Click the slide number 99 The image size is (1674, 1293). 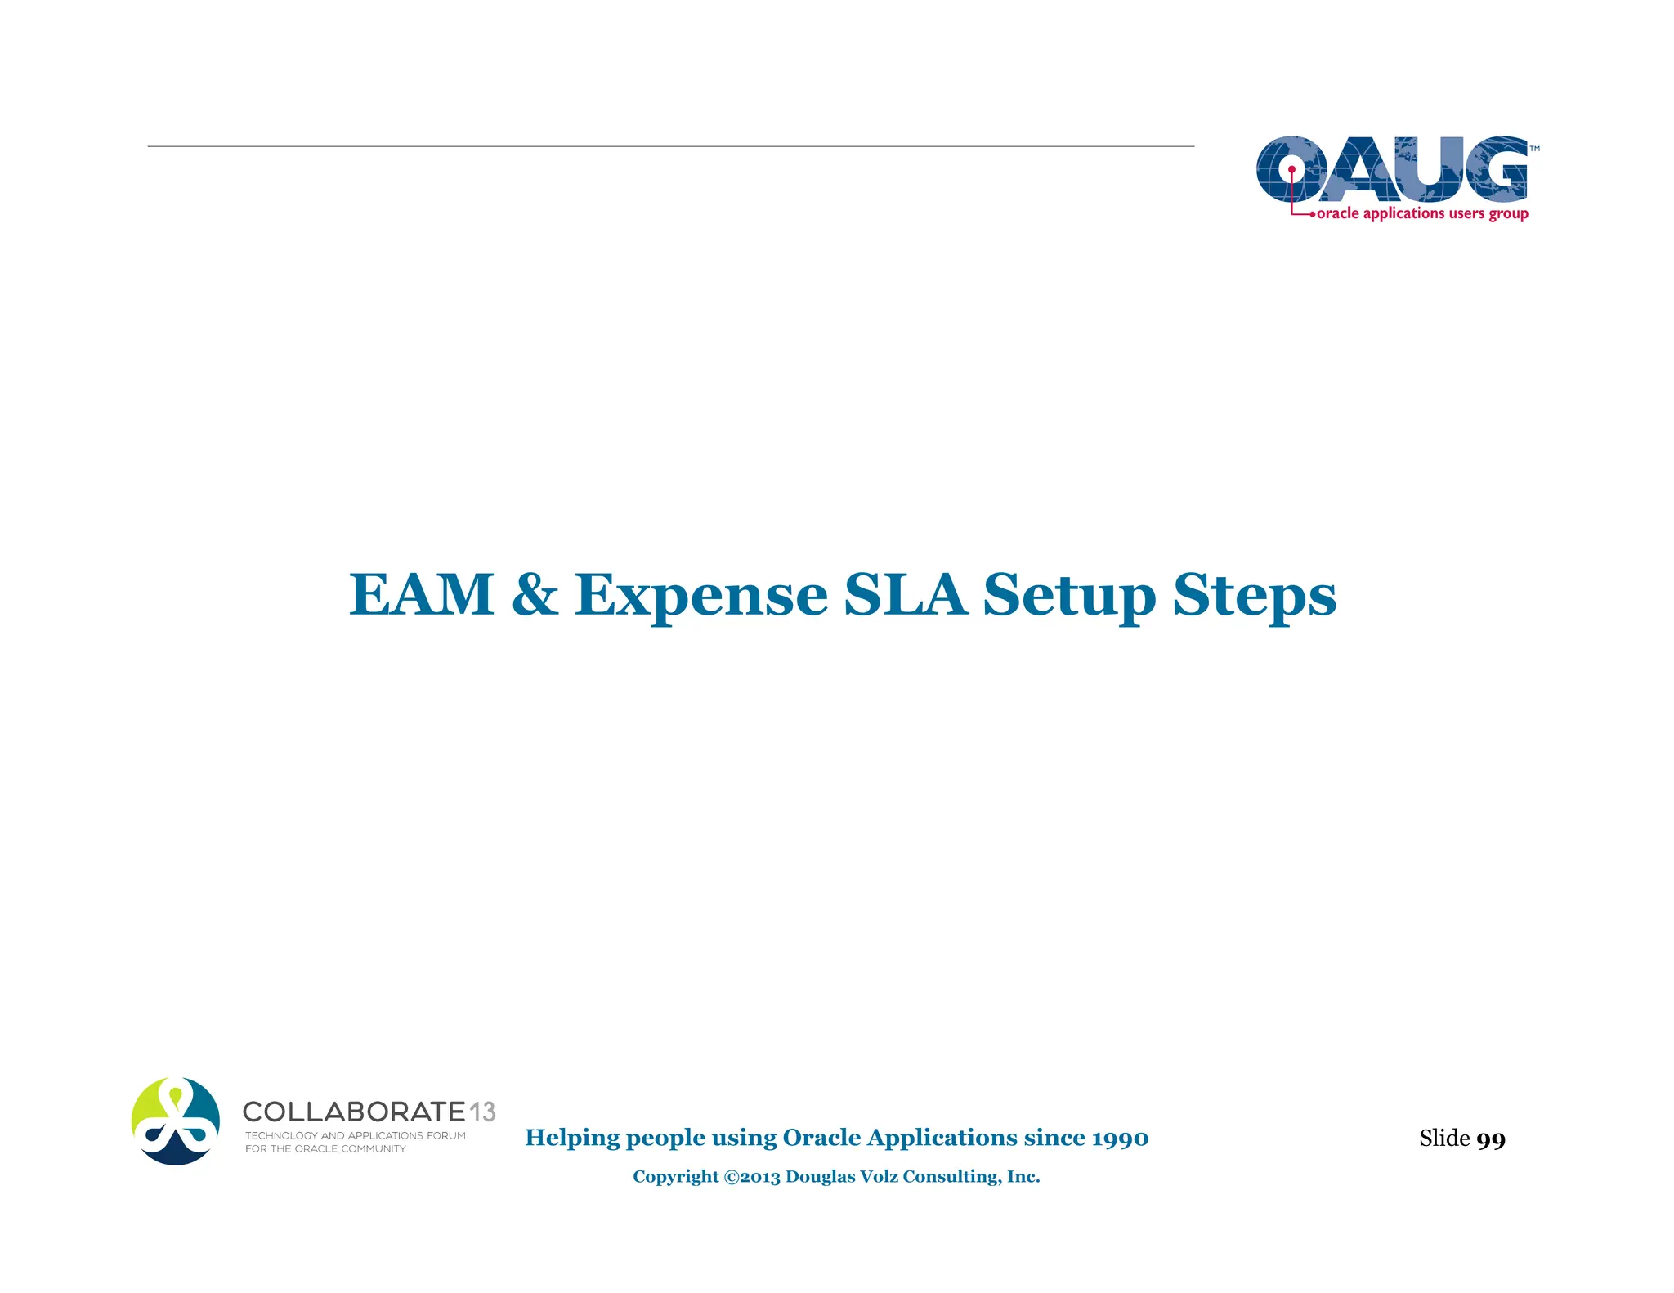tap(1491, 1139)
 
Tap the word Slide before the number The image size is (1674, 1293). tap(1444, 1138)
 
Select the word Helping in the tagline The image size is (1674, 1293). tap(572, 1138)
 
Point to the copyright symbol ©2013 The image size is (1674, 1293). tap(752, 1177)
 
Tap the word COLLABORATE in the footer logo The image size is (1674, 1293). tap(354, 1112)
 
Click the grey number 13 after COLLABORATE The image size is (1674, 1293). tap(482, 1112)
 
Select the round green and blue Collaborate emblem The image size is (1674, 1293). tap(176, 1121)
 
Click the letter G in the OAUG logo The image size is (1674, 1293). tap(1496, 168)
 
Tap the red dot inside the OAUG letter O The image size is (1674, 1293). tap(1291, 170)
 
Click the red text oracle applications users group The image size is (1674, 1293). tap(1422, 213)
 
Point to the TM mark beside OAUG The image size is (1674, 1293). tap(1534, 149)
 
